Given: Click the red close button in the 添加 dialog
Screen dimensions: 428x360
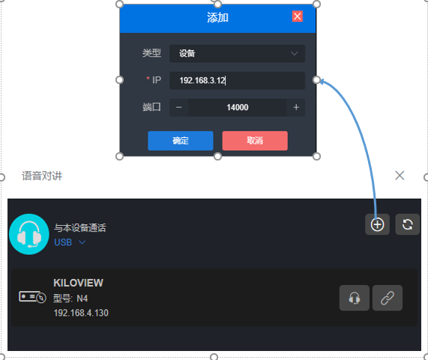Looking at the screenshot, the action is pos(298,16).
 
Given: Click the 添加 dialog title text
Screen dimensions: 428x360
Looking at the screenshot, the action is pos(217,17).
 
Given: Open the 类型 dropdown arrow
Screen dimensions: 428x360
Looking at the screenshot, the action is pos(295,53).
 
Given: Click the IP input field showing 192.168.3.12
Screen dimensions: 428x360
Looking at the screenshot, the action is pos(237,80).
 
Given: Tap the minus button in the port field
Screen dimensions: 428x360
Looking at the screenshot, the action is pos(179,107).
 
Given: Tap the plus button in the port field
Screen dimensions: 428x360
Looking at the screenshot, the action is pos(296,107).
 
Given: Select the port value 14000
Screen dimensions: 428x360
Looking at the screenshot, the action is pos(237,107).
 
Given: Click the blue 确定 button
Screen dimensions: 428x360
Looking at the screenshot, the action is pos(181,141).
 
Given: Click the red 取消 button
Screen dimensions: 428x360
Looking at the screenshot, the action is pos(255,141).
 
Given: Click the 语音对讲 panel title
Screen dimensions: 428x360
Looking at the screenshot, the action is pos(42,175).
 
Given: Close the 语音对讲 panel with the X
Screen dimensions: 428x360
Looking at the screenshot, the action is pos(400,175).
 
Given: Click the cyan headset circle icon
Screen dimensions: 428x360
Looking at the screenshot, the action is pos(29,234).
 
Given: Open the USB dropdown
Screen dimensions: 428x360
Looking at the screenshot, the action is pos(70,242).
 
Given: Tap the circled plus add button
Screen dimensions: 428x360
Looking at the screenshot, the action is pos(377,224).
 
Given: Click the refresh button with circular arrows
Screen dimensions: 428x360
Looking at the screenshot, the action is pos(407,224).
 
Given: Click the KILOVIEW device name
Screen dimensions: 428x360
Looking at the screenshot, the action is pos(79,283).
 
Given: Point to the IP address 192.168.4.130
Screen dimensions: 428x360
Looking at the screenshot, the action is pos(81,313).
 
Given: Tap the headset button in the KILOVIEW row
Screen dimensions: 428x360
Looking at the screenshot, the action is pos(355,298).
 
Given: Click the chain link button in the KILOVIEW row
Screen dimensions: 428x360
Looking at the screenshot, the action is pos(388,298).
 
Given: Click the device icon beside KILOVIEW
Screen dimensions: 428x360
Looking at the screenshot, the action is pos(32,297).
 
